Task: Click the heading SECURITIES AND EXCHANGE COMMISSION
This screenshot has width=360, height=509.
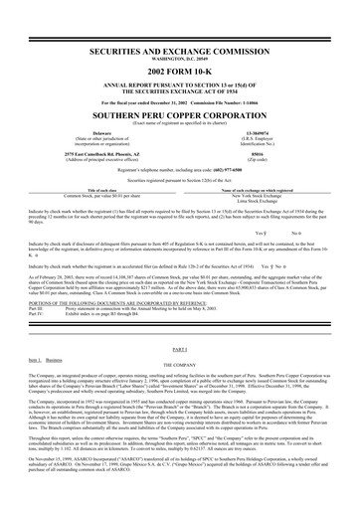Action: click(x=180, y=50)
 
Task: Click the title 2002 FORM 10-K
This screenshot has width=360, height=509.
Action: click(x=180, y=73)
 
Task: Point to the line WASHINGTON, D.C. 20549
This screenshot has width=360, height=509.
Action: click(x=180, y=58)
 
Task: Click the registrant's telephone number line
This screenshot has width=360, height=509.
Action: click(x=180, y=171)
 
